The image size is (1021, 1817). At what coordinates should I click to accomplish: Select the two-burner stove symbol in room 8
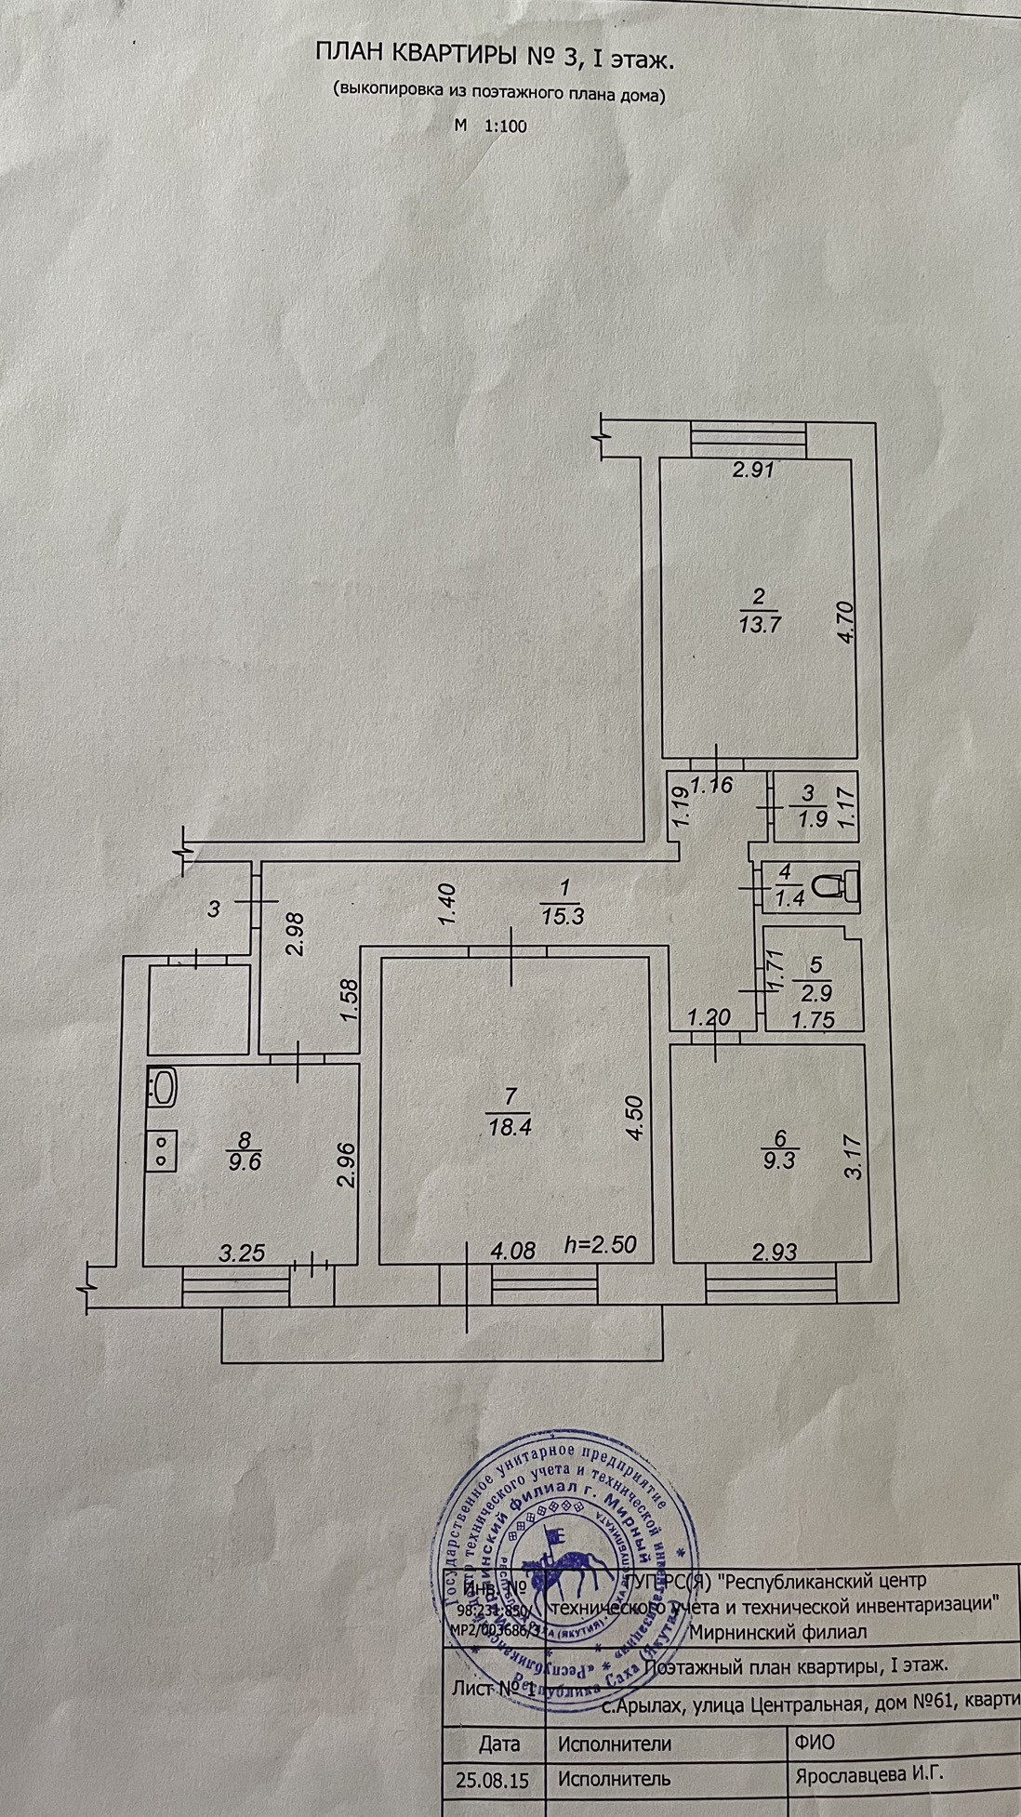[161, 1150]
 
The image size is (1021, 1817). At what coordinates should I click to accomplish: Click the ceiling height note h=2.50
[601, 1244]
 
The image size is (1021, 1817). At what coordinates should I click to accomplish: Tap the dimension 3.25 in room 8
[241, 1253]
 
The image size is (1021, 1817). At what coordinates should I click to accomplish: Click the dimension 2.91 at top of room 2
[752, 470]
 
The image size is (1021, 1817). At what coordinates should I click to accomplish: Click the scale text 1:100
[506, 126]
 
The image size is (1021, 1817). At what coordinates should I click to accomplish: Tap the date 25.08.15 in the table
[493, 1780]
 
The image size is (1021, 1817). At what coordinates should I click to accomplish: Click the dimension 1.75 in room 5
[812, 1021]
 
